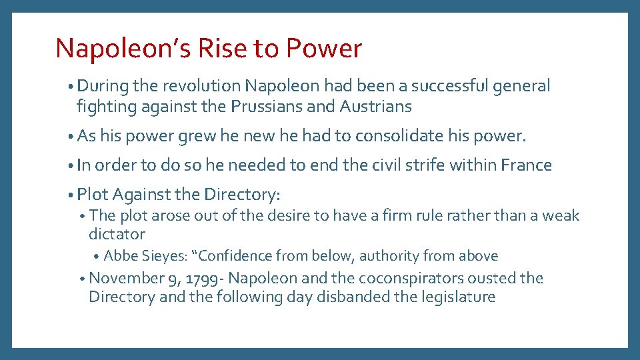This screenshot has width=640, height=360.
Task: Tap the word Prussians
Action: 261,106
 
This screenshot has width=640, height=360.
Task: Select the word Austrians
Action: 375,106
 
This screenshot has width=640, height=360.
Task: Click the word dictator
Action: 117,234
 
